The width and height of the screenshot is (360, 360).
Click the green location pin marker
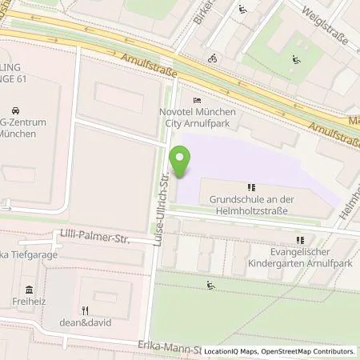[x=182, y=162]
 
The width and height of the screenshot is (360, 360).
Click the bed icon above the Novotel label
[x=197, y=100]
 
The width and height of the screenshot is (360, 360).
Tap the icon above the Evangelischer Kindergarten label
[x=300, y=239]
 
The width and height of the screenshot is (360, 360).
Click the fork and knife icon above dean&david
[x=84, y=310]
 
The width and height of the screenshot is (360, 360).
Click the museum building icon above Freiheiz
[x=30, y=290]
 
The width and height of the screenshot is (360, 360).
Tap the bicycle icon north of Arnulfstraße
[x=212, y=58]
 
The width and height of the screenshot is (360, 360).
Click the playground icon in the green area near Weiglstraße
[x=296, y=58]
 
